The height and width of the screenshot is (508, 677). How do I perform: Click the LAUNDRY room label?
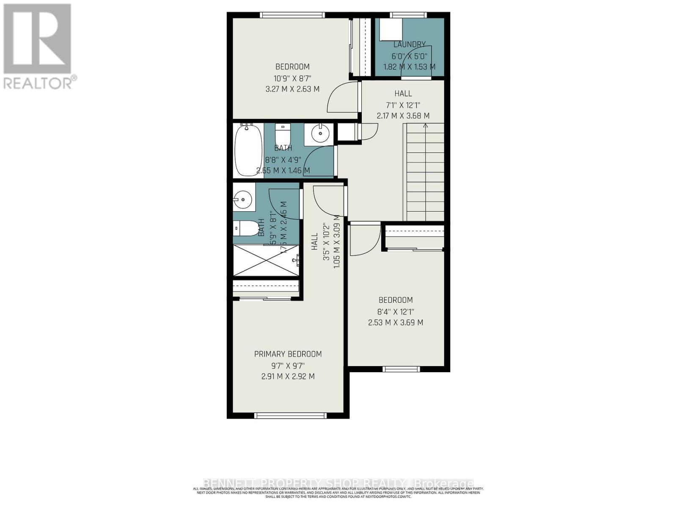coord(409,44)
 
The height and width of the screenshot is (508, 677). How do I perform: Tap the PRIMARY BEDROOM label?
coord(288,354)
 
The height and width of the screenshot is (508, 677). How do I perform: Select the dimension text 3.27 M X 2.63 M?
coord(292,89)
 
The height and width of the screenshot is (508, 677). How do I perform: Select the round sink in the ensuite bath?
coord(243,198)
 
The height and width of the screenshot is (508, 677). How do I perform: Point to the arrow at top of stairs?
coord(425,126)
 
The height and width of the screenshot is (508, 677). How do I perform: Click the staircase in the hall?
coord(424,174)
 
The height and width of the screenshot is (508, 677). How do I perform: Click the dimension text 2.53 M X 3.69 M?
coord(395,323)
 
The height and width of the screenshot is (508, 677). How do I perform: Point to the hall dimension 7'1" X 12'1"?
coord(403,105)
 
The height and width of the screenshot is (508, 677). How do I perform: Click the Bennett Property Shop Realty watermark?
coord(338,483)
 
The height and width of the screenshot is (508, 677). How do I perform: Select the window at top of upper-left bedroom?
coord(292,15)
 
